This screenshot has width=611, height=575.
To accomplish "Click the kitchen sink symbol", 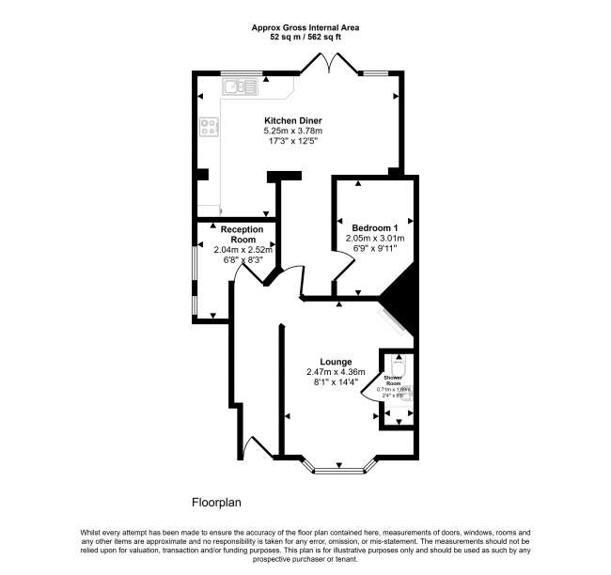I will pyautogui.click(x=240, y=87).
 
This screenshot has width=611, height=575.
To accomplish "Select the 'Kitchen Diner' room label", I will pyautogui.click(x=291, y=121).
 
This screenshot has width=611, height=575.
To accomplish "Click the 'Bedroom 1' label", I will pyautogui.click(x=375, y=228).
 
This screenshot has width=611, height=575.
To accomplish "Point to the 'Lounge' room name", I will pyautogui.click(x=336, y=362).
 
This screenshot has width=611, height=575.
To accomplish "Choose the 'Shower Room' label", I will pyautogui.click(x=393, y=380).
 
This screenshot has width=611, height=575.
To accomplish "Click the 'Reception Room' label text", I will pyautogui.click(x=243, y=234).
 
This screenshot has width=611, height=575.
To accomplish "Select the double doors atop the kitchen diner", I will pyautogui.click(x=328, y=64).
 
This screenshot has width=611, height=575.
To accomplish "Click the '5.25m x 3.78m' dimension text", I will pyautogui.click(x=291, y=132).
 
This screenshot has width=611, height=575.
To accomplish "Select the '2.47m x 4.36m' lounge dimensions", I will pyautogui.click(x=336, y=372).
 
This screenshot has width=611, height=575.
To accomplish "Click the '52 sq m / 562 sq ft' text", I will pyautogui.click(x=305, y=39).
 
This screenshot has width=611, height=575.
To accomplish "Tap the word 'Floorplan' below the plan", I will pyautogui.click(x=218, y=503).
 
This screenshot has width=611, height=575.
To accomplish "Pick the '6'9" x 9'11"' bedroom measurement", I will pyautogui.click(x=375, y=249).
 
